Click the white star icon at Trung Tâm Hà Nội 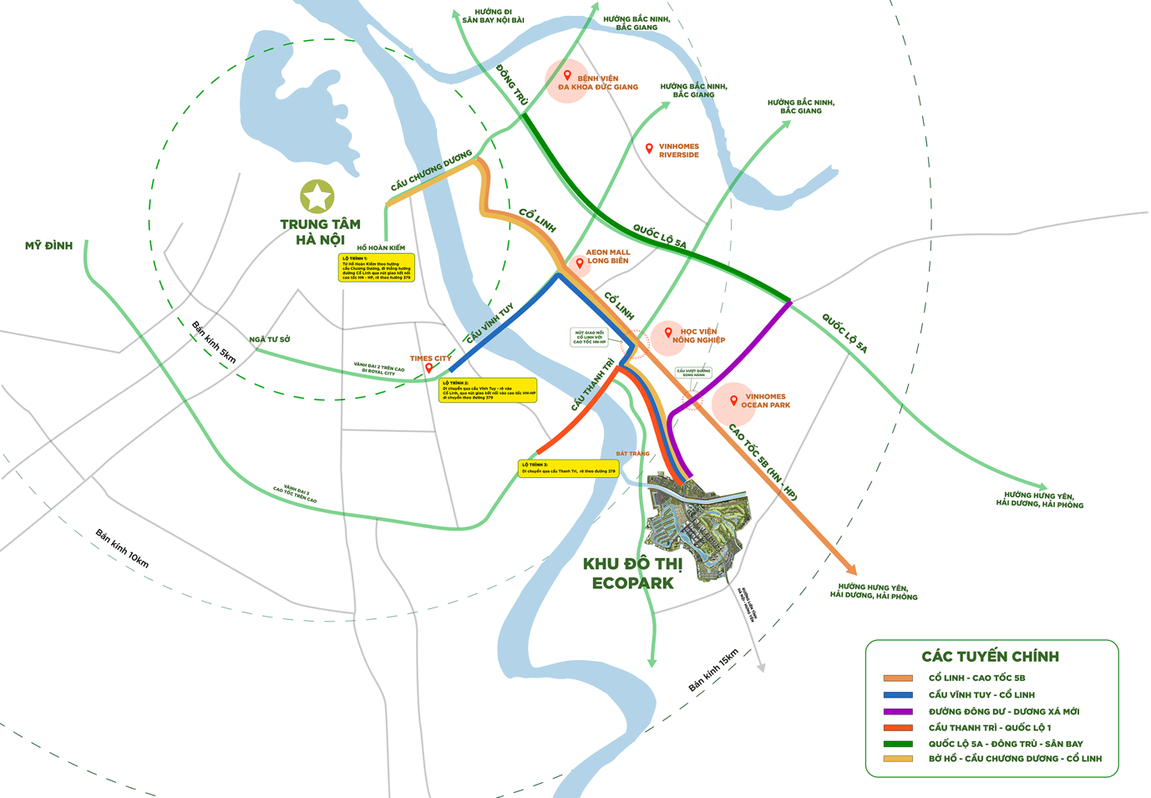coord(317,197)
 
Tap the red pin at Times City coord(429,368)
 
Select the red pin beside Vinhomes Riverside coord(649,149)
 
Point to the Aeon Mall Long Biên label coord(607,257)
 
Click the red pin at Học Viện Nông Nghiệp coord(668,333)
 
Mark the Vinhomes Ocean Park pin coord(733,400)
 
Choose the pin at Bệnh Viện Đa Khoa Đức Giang coord(568,75)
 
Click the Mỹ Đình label coord(48,246)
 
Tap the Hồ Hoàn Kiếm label coord(381,248)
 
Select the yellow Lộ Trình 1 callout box coord(376,268)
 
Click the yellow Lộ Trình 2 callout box coord(488,390)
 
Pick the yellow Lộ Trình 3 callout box coord(568,469)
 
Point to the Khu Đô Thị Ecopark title coord(632,574)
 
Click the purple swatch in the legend coord(898,711)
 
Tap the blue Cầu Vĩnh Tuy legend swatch coord(898,694)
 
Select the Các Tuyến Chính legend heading coord(990,657)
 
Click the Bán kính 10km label coord(122,548)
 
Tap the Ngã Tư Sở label coord(270,339)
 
